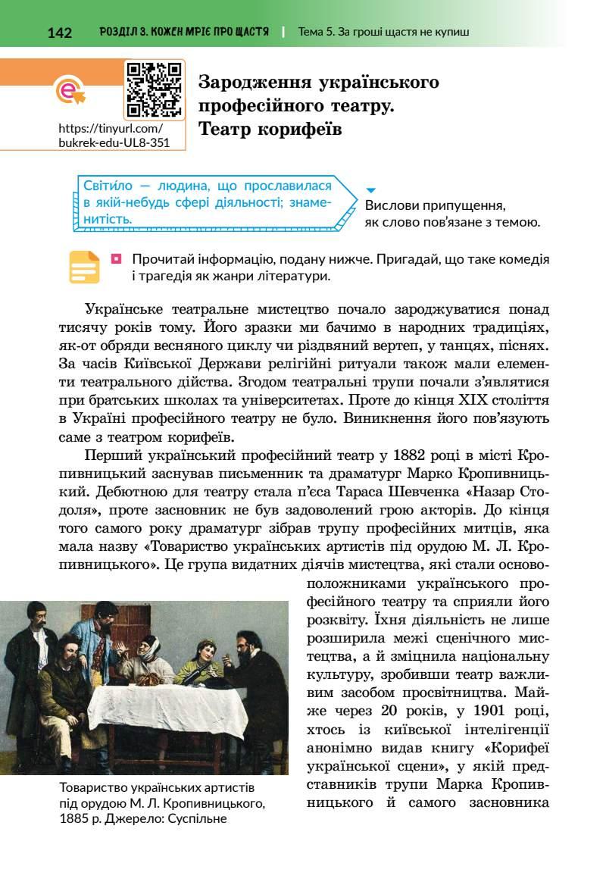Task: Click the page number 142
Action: click(59, 33)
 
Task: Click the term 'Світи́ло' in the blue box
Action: click(106, 186)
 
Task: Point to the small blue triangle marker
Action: click(371, 190)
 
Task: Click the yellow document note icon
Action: click(84, 267)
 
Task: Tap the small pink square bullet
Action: click(116, 259)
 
